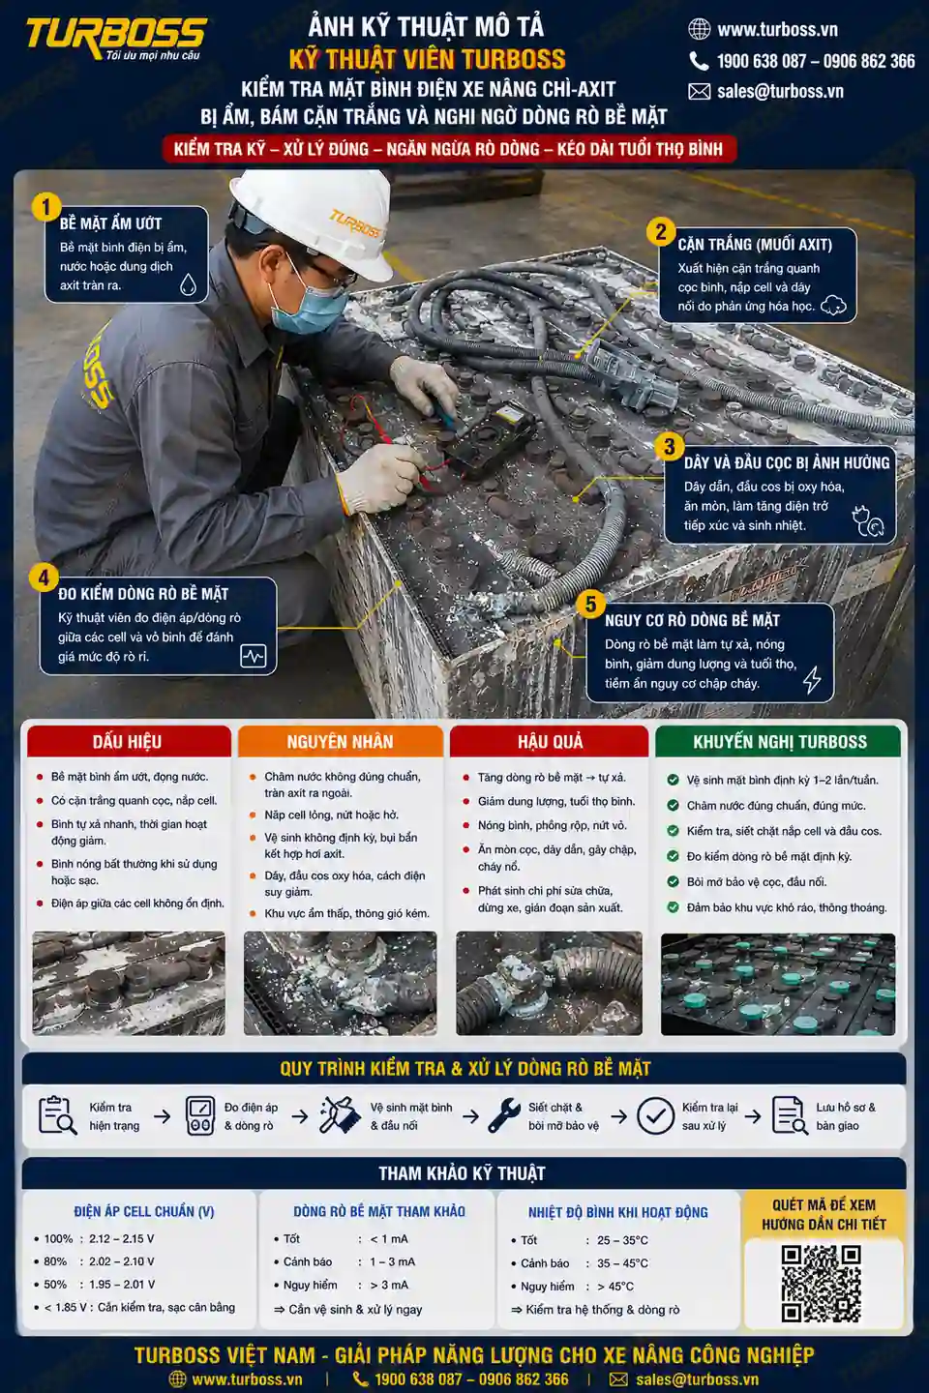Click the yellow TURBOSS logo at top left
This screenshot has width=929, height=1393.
116,38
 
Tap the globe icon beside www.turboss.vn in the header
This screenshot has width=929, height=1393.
700,29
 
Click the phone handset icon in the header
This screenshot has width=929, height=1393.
699,61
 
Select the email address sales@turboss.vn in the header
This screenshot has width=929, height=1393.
780,91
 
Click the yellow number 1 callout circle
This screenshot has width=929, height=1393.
45,207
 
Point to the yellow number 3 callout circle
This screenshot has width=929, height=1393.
670,447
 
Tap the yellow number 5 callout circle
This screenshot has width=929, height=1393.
590,604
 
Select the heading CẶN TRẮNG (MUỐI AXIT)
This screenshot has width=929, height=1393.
755,245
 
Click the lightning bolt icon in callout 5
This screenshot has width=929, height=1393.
812,679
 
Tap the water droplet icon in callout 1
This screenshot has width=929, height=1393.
188,284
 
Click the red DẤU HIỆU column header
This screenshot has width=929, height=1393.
128,741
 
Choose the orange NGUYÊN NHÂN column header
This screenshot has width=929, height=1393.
341,741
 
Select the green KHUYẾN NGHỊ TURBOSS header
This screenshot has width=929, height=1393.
779,741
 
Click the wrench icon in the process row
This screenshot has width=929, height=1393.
504,1115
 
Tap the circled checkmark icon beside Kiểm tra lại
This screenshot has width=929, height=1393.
655,1115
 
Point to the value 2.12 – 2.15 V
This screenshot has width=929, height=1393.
121,1239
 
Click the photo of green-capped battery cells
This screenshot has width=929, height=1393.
778,985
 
